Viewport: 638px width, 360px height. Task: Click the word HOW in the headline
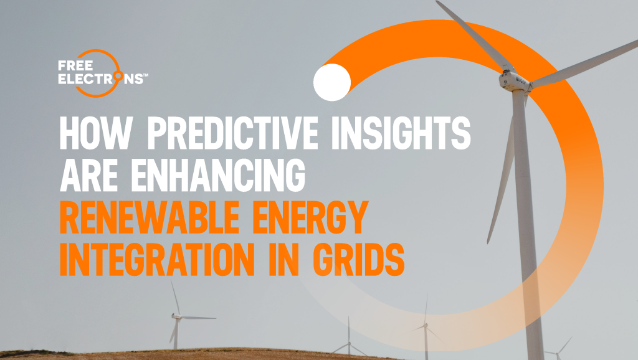coord(96,133)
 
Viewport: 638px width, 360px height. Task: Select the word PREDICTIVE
coord(232,133)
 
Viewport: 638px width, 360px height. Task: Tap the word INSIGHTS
coord(401,133)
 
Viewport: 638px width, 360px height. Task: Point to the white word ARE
coord(88,175)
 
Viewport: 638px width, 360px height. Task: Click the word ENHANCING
coord(218,175)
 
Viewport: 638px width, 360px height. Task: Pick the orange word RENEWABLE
coord(150,217)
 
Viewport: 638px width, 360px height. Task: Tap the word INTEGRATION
coord(157,260)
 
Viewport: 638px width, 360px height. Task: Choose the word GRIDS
coord(358,260)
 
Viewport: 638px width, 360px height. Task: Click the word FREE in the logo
coord(75,65)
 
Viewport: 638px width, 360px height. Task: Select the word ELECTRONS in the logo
coord(100,78)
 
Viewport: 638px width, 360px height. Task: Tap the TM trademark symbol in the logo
coord(146,75)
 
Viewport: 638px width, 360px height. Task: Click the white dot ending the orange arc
coord(332,82)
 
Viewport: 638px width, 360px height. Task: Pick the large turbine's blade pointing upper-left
coord(472,36)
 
